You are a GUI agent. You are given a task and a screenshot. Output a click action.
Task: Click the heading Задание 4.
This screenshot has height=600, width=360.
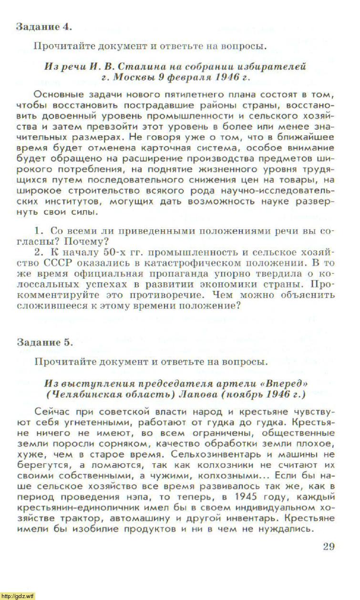click(x=44, y=26)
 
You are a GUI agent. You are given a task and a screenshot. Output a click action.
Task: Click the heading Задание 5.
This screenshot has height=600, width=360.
click(x=44, y=342)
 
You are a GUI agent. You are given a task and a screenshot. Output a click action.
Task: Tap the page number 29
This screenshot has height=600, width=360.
click(x=329, y=546)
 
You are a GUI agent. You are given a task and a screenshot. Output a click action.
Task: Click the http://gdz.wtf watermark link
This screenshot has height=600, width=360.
click(x=18, y=596)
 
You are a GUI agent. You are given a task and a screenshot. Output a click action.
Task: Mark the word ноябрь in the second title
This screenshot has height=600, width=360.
click(x=245, y=395)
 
